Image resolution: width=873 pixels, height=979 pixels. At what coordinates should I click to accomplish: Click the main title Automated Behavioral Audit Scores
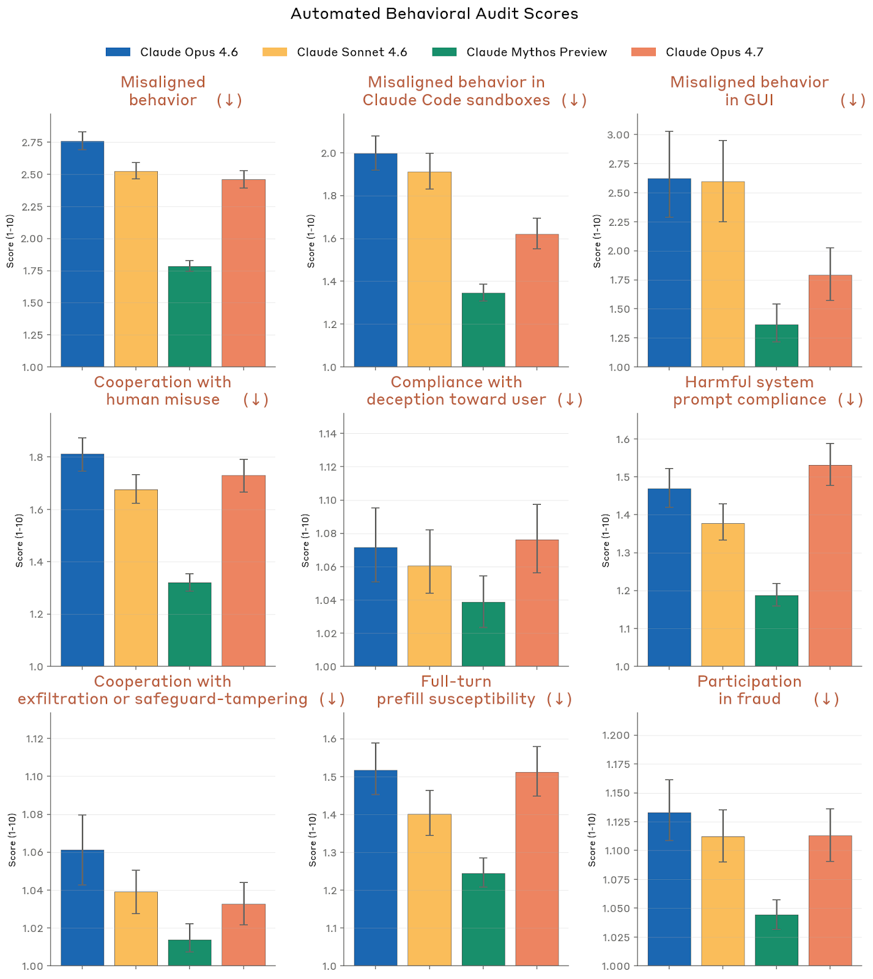434,14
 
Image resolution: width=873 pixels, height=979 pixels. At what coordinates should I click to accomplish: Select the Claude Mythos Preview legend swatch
444,52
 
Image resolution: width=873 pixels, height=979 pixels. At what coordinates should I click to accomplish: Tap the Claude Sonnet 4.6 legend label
352,52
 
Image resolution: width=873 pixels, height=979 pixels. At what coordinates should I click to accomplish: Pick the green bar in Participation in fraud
776,940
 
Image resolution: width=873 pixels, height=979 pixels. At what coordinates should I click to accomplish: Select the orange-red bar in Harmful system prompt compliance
830,565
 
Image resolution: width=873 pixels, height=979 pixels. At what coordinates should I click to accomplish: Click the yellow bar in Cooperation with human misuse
136,578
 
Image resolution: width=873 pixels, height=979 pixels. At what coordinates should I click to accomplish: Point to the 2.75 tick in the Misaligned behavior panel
32,143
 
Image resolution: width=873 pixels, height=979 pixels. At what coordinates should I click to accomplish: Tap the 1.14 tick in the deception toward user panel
327,434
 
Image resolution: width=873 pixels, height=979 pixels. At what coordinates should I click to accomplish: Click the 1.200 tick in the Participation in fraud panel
617,735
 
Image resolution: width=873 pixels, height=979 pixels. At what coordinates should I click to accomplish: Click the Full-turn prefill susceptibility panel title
456,690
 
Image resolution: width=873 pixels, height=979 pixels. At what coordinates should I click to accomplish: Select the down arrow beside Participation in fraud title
827,699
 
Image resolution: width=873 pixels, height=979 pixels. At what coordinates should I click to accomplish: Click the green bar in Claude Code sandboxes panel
483,330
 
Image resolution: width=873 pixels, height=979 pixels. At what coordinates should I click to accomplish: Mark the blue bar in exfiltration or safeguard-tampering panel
83,907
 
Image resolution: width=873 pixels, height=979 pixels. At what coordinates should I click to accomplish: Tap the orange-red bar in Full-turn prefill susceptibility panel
537,869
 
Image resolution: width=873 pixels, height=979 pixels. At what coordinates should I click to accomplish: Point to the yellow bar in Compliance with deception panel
429,616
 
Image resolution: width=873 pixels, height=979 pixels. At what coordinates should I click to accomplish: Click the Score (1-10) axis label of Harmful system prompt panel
606,540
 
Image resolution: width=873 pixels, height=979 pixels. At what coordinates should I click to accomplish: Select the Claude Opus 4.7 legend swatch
644,52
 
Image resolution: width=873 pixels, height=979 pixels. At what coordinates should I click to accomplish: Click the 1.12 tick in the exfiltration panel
34,739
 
